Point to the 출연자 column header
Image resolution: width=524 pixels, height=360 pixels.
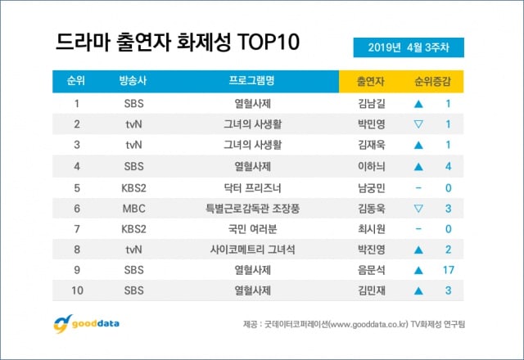tap(371, 82)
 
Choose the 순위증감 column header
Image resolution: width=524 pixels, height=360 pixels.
tap(433, 82)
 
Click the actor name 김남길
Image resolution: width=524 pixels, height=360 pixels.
tap(371, 104)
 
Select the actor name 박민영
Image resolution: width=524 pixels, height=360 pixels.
tap(371, 125)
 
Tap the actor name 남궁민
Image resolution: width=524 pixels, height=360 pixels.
tap(371, 188)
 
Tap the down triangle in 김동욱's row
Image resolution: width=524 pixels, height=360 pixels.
tap(418, 209)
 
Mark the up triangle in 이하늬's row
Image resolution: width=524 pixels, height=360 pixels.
tap(418, 167)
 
